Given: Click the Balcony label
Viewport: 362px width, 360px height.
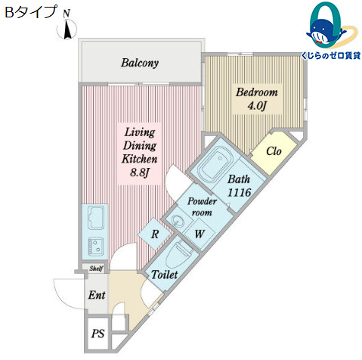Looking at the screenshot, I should tap(140, 63).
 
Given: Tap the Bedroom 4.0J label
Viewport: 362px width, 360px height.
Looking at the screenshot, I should tap(257, 98).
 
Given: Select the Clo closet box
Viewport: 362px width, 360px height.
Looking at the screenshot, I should tap(274, 151).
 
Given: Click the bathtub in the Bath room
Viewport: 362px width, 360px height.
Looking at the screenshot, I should tap(217, 166).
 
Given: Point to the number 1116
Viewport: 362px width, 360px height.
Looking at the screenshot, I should tap(240, 194).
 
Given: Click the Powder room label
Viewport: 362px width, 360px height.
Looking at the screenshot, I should tap(203, 206).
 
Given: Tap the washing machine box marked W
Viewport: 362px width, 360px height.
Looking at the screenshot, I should tap(199, 234).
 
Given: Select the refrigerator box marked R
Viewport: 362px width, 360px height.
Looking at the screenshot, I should tap(154, 234).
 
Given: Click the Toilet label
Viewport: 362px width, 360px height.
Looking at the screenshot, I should tap(165, 275).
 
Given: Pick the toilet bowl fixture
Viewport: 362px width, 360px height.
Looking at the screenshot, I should tap(182, 255).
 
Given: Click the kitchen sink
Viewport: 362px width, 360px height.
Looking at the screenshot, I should tap(97, 219).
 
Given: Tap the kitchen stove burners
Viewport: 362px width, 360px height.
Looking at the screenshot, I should tap(96, 245).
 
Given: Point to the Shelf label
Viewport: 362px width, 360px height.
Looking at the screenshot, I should tap(96, 268).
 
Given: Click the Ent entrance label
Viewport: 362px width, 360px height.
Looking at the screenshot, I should tap(96, 294).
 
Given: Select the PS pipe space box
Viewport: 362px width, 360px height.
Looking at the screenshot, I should tap(97, 334).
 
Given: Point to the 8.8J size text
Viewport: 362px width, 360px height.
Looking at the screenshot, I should tap(139, 173).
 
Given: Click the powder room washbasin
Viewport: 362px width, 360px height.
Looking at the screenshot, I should tap(177, 221).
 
